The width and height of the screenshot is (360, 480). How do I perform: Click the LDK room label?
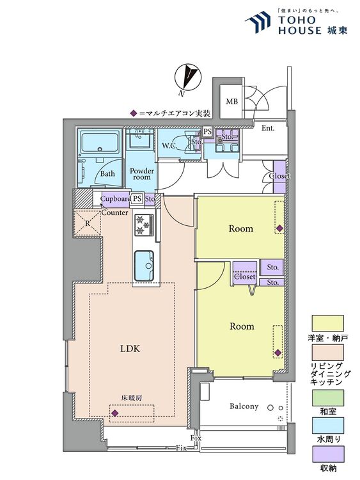[x=130, y=348]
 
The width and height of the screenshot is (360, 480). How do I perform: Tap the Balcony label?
[x=244, y=406]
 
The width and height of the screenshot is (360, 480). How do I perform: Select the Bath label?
[x=107, y=173]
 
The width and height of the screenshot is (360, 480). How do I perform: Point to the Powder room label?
[x=141, y=173]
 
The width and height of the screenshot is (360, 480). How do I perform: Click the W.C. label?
[x=169, y=146]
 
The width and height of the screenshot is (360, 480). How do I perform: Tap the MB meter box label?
[x=232, y=101]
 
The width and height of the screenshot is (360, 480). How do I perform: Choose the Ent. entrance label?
[x=268, y=128]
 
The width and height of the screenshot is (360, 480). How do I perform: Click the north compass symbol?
[x=187, y=78]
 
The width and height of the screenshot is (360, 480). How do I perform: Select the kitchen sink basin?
[x=144, y=265]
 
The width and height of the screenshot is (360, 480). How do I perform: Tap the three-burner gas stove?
[x=144, y=225]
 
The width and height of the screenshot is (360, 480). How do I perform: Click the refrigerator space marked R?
[x=88, y=223]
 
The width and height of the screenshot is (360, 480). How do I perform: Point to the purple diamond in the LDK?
[x=114, y=413]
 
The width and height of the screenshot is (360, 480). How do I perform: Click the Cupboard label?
[x=116, y=198]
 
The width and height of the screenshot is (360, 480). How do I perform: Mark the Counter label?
[x=114, y=212]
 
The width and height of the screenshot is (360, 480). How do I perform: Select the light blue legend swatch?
[x=328, y=426]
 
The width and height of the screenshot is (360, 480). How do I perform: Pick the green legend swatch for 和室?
[x=328, y=397]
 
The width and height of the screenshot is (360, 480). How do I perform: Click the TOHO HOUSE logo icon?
[x=258, y=21]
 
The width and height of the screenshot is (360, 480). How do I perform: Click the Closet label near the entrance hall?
[x=279, y=177]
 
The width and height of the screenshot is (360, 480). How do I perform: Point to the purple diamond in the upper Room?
[x=279, y=228]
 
